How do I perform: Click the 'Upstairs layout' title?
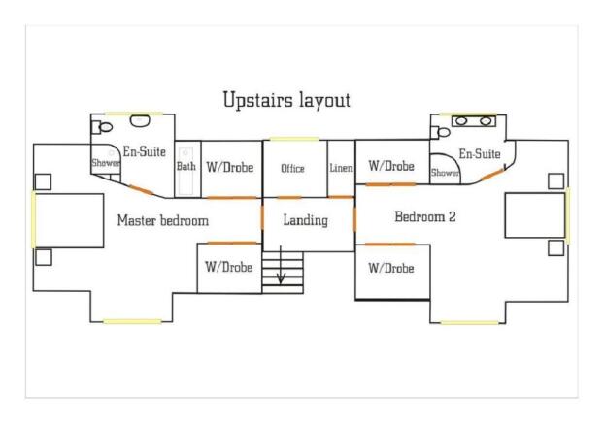click(x=286, y=100)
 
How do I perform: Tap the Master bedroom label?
click(x=163, y=220)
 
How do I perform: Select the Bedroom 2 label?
click(x=425, y=216)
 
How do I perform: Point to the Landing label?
click(x=306, y=220)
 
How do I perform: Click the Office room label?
click(x=292, y=168)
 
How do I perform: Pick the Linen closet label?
click(x=341, y=168)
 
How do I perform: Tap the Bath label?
click(x=186, y=166)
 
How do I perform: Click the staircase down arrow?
click(x=281, y=265)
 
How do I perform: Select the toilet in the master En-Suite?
click(x=102, y=127)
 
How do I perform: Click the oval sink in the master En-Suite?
click(x=140, y=121)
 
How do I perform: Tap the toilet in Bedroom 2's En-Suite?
click(x=440, y=133)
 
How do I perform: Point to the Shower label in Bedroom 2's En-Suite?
click(x=445, y=173)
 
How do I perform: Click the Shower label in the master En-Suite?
click(x=106, y=163)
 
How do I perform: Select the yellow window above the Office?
click(x=294, y=140)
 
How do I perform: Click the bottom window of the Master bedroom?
click(x=132, y=321)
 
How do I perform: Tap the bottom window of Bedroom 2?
click(x=470, y=322)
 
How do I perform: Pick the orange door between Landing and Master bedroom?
click(x=262, y=217)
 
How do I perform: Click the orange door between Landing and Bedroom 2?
click(x=354, y=219)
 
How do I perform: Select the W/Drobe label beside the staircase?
click(x=229, y=267)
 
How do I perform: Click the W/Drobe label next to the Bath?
click(x=230, y=167)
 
